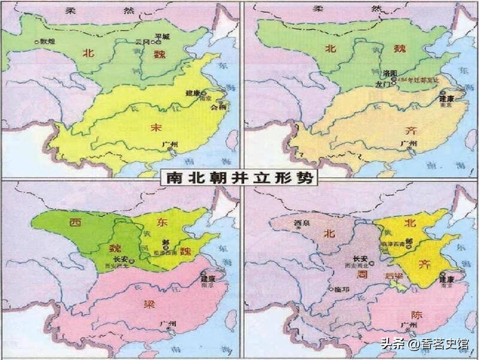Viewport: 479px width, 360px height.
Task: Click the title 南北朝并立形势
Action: [239, 179]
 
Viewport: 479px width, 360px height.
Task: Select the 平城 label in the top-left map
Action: [162, 36]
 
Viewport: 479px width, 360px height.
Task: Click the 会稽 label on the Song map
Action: [220, 108]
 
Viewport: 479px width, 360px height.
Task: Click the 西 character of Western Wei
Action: [75, 223]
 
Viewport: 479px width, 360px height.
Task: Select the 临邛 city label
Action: [338, 290]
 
